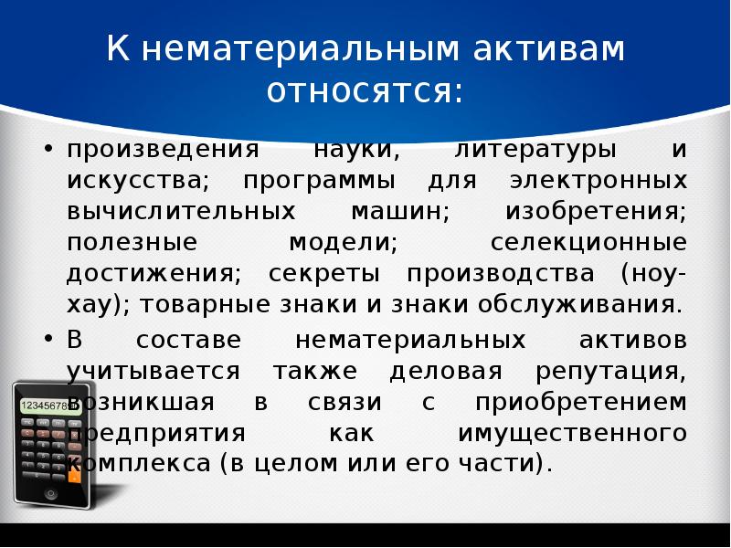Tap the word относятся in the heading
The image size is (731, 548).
point(365,92)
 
